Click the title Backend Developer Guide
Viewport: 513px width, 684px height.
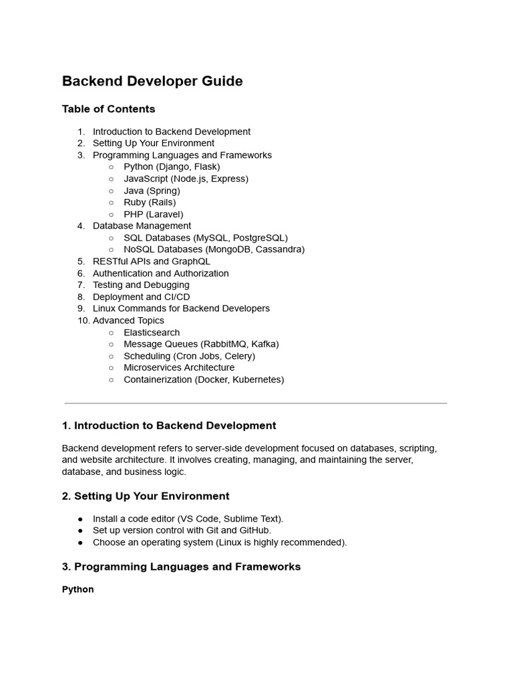coord(152,81)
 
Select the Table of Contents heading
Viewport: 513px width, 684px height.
coord(108,109)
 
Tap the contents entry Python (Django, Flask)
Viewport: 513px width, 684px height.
coord(172,167)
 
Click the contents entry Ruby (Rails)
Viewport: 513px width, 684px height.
coord(150,202)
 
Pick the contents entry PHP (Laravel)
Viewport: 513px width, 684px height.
coord(153,214)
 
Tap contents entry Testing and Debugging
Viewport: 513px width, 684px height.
coord(141,285)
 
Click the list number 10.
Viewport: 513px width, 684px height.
coord(82,321)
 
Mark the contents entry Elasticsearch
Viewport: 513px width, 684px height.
coord(152,333)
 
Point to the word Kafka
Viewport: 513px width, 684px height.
coord(264,344)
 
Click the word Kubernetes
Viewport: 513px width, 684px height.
coord(257,379)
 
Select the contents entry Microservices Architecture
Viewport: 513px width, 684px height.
coord(179,367)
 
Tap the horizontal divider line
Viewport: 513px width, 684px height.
coord(255,403)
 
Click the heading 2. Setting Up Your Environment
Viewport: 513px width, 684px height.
coord(146,496)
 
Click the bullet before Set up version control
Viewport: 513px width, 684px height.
coord(81,531)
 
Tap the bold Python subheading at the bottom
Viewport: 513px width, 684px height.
coord(78,590)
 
